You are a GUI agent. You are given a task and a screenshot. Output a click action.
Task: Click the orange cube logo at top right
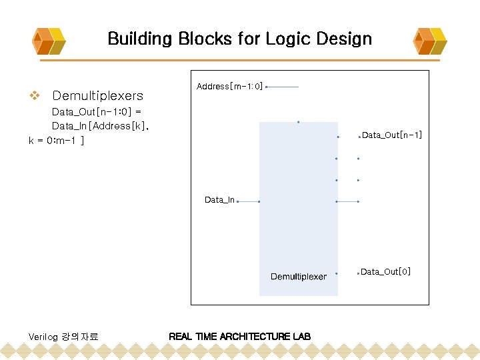(431, 41)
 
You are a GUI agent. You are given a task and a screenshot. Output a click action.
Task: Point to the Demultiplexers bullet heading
(97, 95)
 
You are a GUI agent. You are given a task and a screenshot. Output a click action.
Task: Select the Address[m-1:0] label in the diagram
(230, 87)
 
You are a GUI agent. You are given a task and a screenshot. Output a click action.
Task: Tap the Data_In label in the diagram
(219, 200)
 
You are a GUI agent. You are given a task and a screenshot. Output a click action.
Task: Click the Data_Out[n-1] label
(392, 135)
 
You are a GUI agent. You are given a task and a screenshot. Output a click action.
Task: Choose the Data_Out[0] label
(386, 271)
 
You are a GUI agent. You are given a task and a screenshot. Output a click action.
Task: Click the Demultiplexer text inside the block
(299, 277)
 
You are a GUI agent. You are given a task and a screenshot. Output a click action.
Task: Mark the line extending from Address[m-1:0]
(283, 87)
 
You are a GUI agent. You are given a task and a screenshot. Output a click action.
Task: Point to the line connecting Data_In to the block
(249, 201)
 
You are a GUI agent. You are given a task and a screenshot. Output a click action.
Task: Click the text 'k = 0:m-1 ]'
(56, 141)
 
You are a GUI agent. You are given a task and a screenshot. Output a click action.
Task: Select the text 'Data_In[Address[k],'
(101, 126)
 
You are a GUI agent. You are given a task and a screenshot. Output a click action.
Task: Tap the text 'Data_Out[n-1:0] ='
(97, 111)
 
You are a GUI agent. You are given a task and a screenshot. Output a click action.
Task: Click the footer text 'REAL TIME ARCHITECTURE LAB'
(240, 336)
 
